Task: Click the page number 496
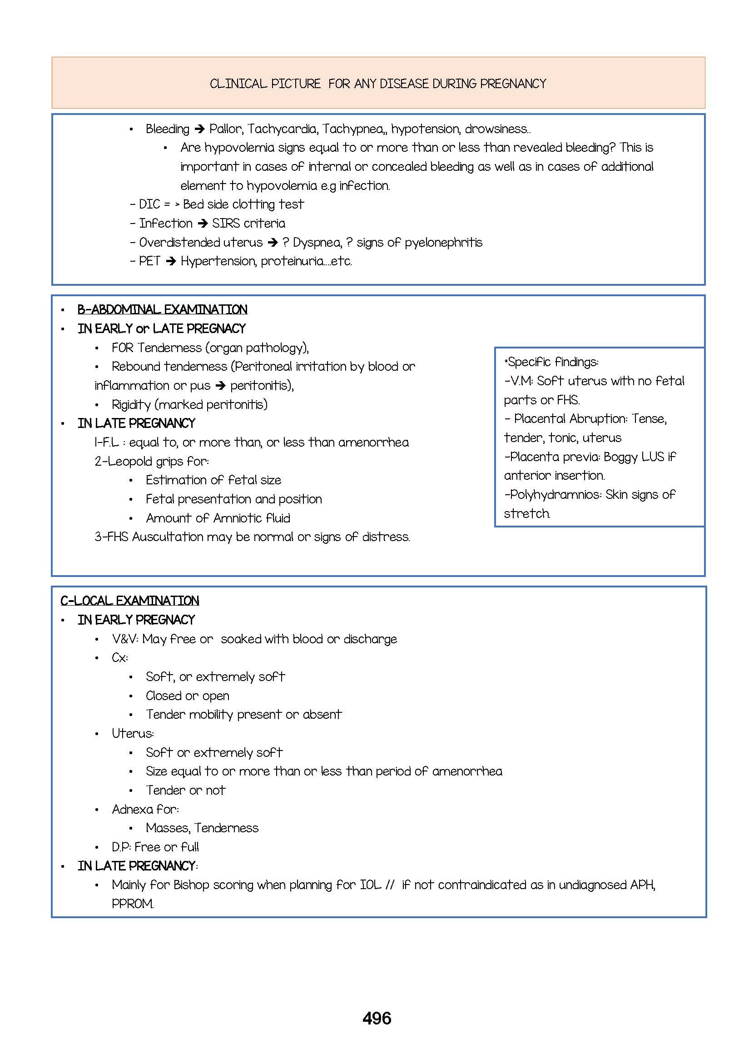[x=377, y=1018]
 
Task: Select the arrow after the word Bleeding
[x=200, y=129]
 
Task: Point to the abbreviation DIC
[x=149, y=204]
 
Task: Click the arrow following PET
[x=171, y=261]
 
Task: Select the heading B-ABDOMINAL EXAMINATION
[x=163, y=310]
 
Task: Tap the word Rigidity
[x=131, y=404]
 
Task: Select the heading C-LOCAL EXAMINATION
[x=130, y=601]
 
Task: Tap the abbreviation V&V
[x=125, y=639]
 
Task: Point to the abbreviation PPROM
[x=133, y=904]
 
